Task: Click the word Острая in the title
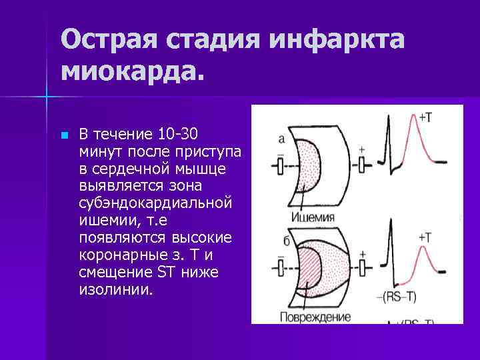tap(106, 39)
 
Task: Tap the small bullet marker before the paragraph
tap(64, 135)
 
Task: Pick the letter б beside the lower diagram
tap(285, 241)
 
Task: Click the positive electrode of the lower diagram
tap(361, 267)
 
